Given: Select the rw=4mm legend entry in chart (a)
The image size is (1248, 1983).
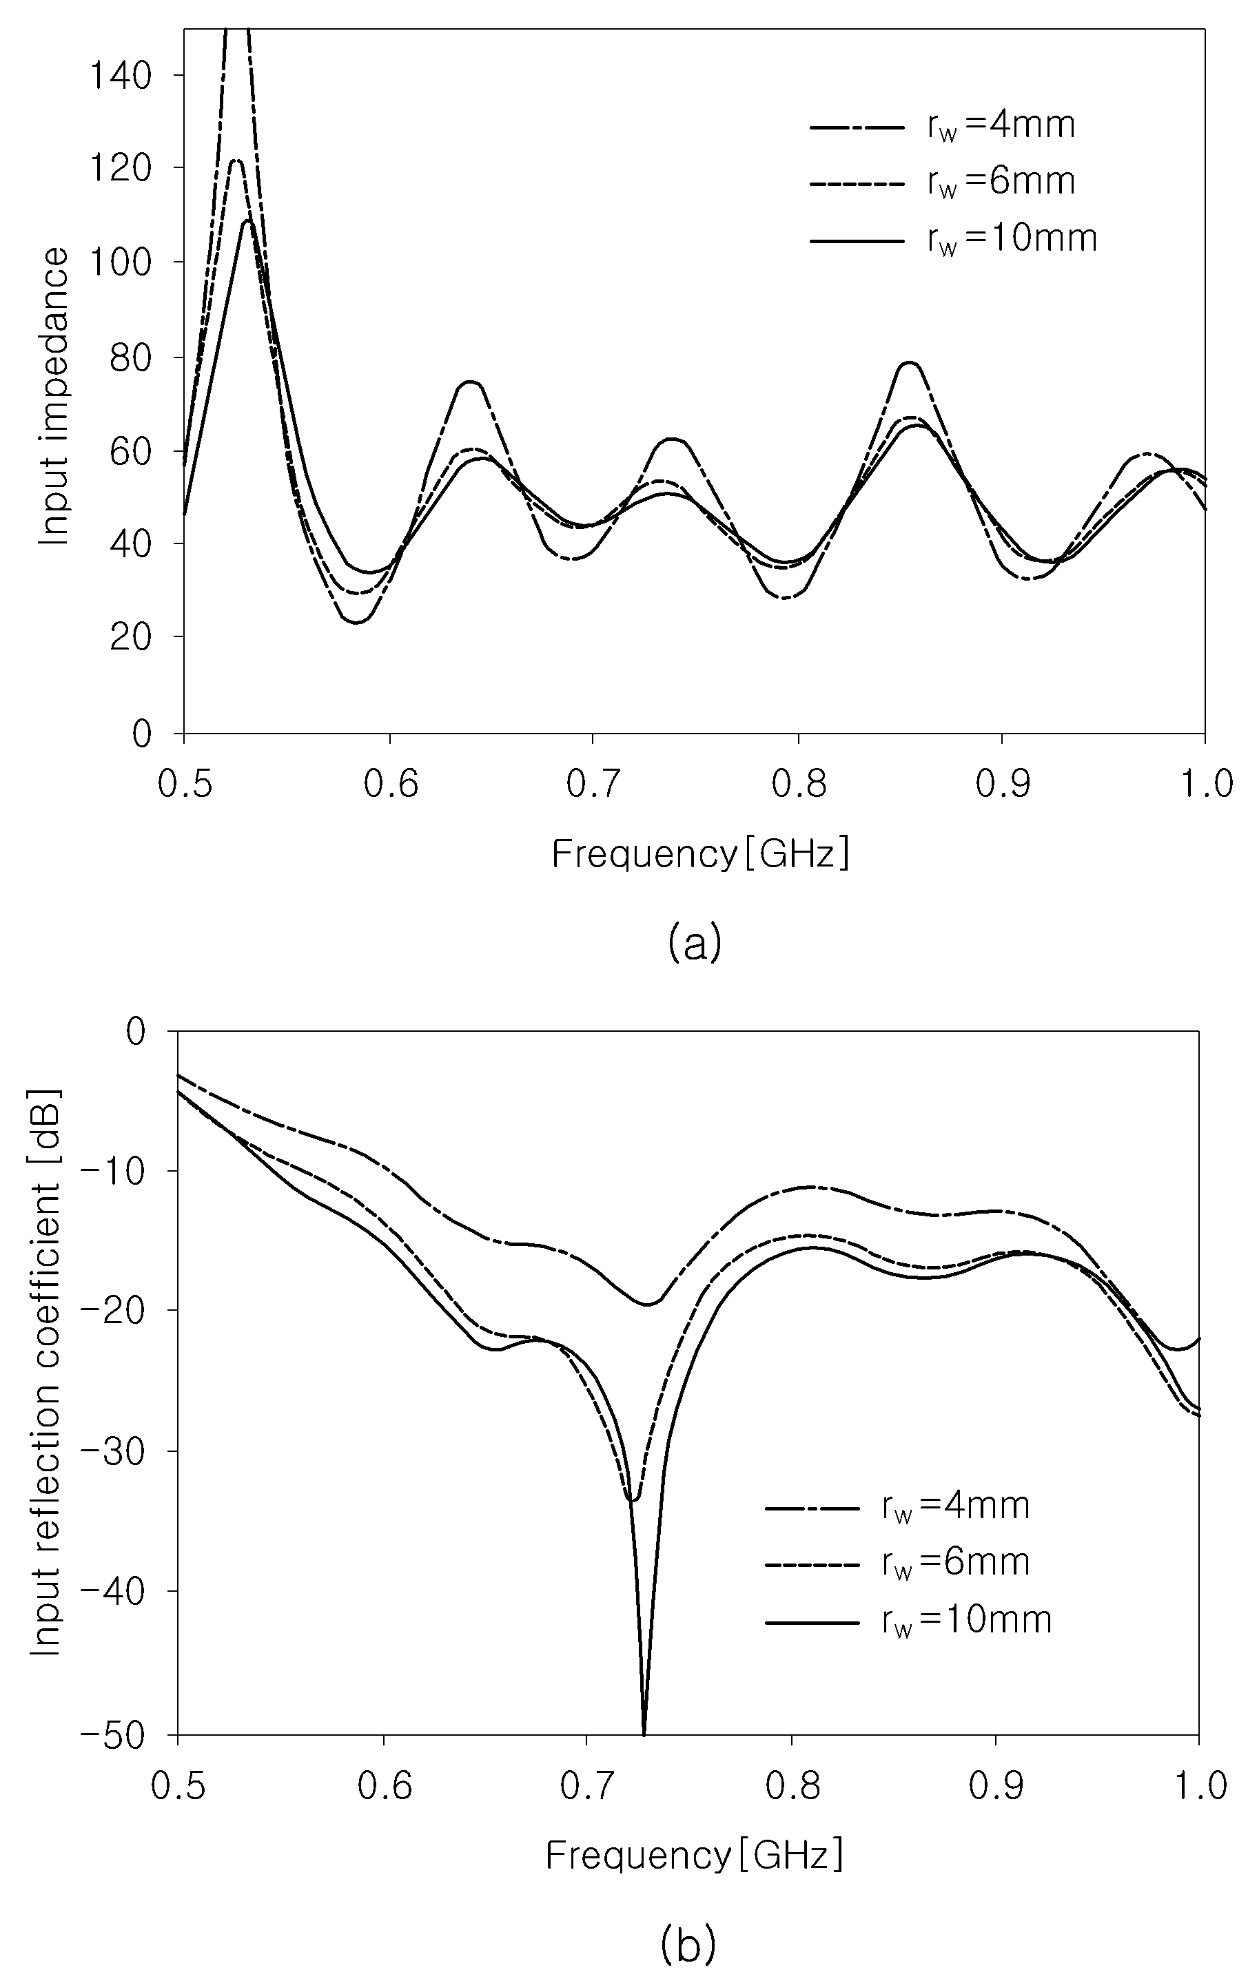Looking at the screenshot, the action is (943, 126).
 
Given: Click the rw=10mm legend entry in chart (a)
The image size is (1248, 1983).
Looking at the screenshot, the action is (953, 239).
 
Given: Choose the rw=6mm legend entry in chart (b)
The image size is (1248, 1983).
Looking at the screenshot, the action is (897, 1562).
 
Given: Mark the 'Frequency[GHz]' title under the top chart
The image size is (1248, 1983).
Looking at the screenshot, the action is (700, 854).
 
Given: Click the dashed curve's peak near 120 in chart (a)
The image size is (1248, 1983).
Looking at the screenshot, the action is (237, 160).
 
